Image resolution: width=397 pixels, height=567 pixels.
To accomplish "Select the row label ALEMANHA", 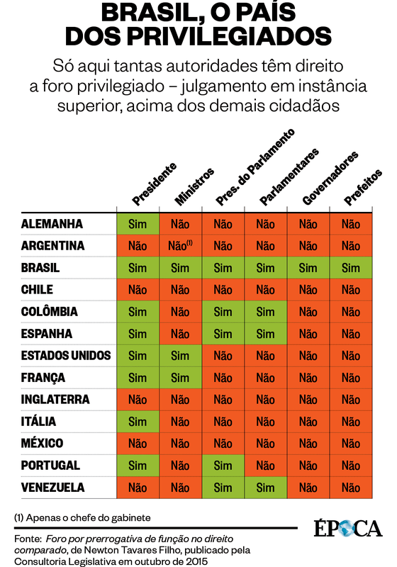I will click(52, 224).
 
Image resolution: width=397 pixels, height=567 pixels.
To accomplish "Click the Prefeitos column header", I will click(362, 187).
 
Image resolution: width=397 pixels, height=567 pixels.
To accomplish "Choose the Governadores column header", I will click(330, 179).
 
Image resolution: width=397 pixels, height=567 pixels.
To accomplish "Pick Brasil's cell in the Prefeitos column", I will click(351, 268).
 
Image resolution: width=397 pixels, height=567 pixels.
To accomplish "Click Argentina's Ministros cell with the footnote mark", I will click(181, 246).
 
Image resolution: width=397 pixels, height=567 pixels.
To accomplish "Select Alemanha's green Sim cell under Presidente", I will click(138, 224).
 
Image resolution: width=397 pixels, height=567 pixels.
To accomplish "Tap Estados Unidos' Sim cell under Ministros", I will click(180, 356).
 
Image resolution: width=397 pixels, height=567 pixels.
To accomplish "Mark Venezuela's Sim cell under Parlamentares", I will click(265, 488).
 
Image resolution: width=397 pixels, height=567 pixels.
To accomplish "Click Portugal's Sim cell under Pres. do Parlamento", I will click(223, 466).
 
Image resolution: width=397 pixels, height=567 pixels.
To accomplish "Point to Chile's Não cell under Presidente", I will click(138, 290).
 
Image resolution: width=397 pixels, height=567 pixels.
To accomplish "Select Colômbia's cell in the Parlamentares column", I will click(265, 312).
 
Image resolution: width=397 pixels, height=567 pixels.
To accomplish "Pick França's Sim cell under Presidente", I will click(138, 378).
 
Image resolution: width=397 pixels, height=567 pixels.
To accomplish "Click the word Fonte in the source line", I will click(28, 539).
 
